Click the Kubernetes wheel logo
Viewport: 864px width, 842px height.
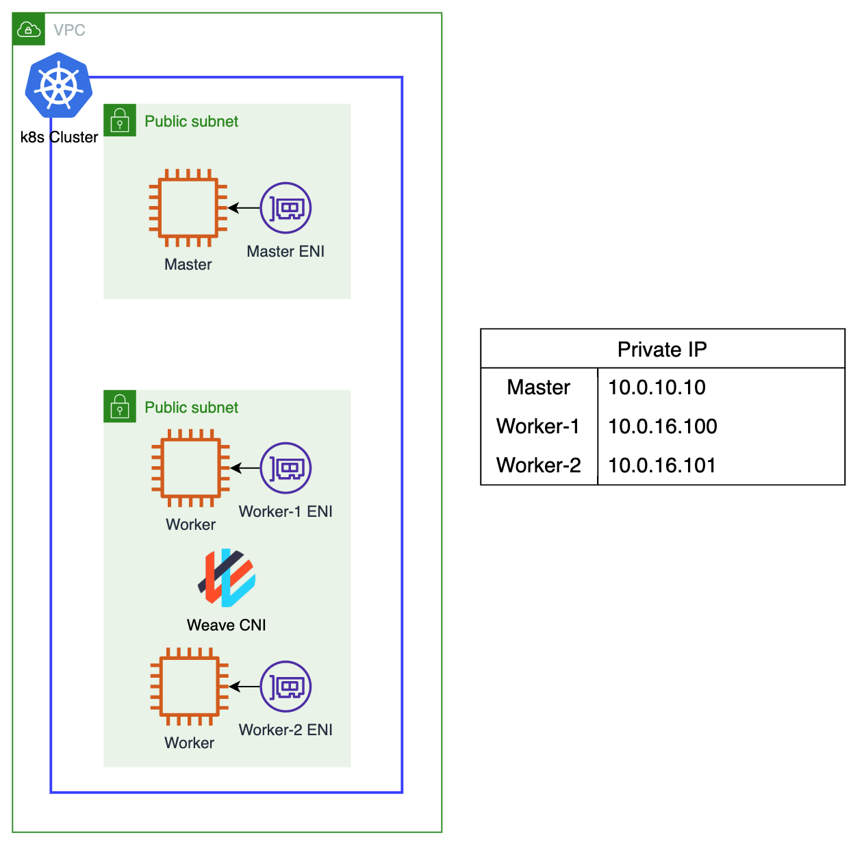(x=59, y=86)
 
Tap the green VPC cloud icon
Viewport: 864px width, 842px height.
(x=29, y=29)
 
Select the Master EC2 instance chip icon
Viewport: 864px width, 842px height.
(x=188, y=208)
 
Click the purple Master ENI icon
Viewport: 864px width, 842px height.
(x=285, y=208)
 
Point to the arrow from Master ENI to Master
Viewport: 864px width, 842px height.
(x=244, y=208)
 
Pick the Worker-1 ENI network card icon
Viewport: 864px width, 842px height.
(x=285, y=468)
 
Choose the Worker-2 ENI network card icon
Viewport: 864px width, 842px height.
(x=285, y=687)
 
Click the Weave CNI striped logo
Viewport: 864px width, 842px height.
(x=227, y=578)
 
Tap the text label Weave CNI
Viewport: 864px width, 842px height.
(x=226, y=625)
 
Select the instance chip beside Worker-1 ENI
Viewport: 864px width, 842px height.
(x=190, y=468)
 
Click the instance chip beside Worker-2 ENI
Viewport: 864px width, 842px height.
(x=190, y=687)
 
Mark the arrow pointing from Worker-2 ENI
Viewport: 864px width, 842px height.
(x=244, y=687)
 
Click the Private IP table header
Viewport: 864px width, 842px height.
(x=662, y=349)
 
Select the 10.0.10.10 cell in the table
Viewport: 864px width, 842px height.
(x=657, y=387)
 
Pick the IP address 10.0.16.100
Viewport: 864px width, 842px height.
(x=662, y=426)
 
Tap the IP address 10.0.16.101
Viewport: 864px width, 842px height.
(x=662, y=465)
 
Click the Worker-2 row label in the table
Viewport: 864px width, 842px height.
(x=538, y=465)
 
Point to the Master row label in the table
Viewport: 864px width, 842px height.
(x=538, y=387)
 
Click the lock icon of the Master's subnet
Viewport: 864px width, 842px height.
(x=120, y=120)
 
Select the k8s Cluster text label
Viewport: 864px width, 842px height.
(x=59, y=137)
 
